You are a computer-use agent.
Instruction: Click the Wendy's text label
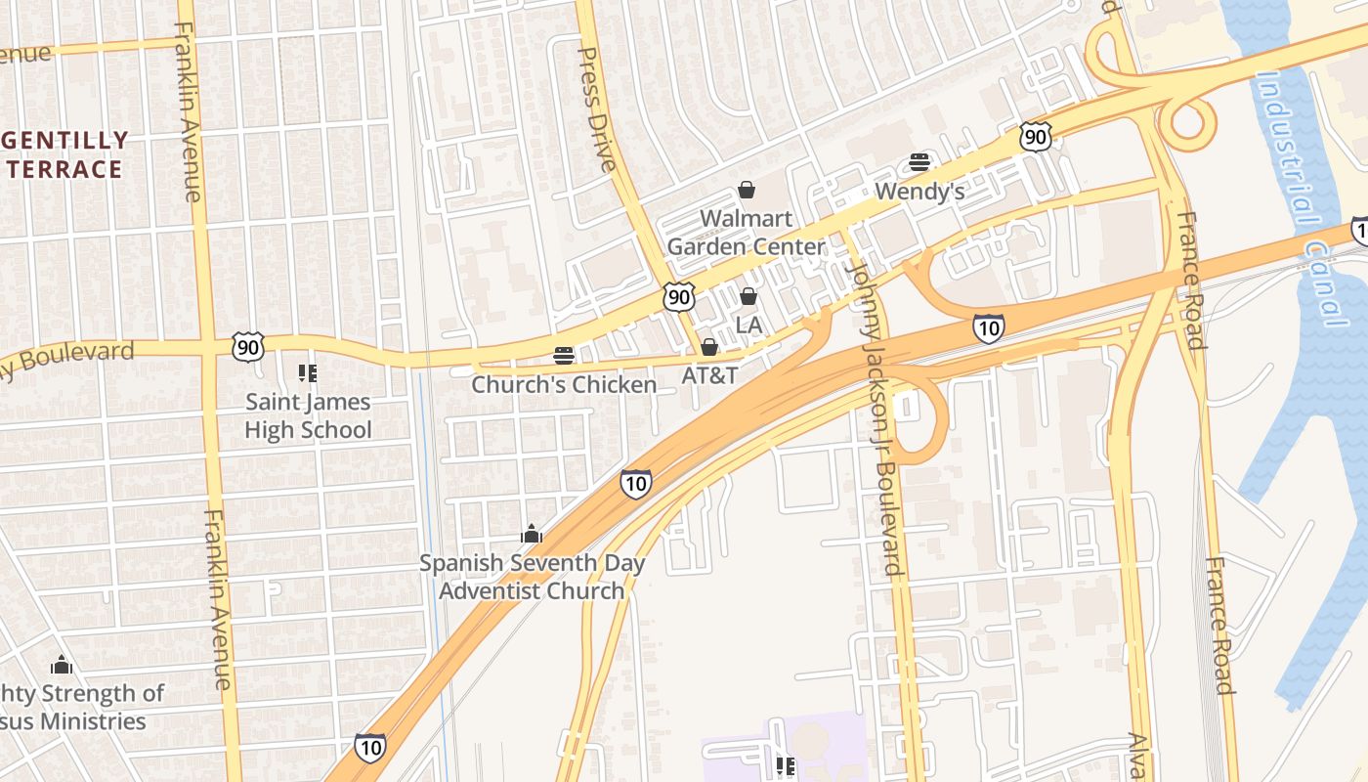[x=919, y=192]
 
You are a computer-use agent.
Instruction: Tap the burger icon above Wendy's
[x=919, y=162]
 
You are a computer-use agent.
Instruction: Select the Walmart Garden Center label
[x=747, y=232]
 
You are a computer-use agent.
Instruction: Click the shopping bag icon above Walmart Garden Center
[x=747, y=190]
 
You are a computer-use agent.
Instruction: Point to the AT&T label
[x=709, y=375]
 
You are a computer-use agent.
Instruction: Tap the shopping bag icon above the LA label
[x=748, y=296]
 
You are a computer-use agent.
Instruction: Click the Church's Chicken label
[x=564, y=385]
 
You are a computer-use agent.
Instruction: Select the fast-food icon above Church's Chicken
[x=564, y=356]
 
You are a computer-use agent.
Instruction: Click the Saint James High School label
[x=308, y=415]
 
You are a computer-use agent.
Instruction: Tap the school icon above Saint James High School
[x=308, y=373]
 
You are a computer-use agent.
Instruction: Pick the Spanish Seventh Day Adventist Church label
[x=532, y=577]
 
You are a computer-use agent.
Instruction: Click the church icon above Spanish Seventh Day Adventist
[x=532, y=535]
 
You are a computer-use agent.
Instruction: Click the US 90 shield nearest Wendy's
[x=1036, y=137]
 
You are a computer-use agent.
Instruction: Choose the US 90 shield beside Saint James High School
[x=248, y=346]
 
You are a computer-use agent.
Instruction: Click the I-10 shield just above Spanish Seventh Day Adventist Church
[x=636, y=483]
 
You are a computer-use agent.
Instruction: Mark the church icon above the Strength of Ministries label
[x=62, y=666]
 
